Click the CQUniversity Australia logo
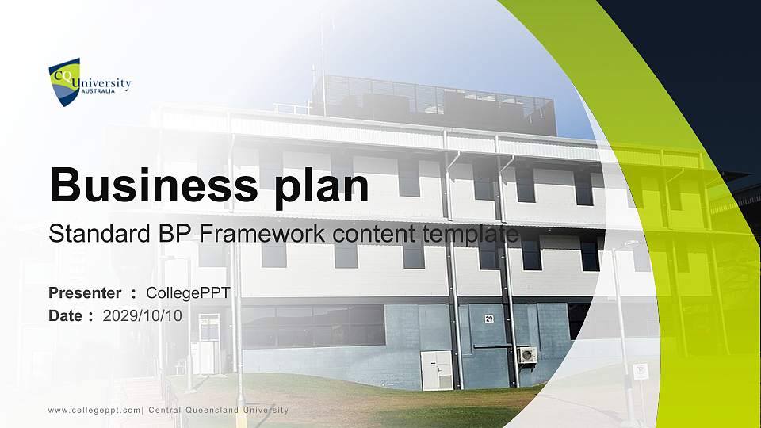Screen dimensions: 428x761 click(x=90, y=82)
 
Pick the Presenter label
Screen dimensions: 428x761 click(x=85, y=293)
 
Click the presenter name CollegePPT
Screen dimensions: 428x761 click(x=189, y=293)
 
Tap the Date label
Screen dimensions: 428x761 click(x=66, y=315)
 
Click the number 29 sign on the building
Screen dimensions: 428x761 click(x=489, y=319)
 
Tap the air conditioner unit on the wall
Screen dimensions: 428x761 click(x=527, y=354)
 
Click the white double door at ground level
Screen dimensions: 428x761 click(x=437, y=370)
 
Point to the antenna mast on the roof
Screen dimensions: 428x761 click(x=323, y=48)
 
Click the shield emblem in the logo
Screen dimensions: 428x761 click(x=63, y=82)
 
